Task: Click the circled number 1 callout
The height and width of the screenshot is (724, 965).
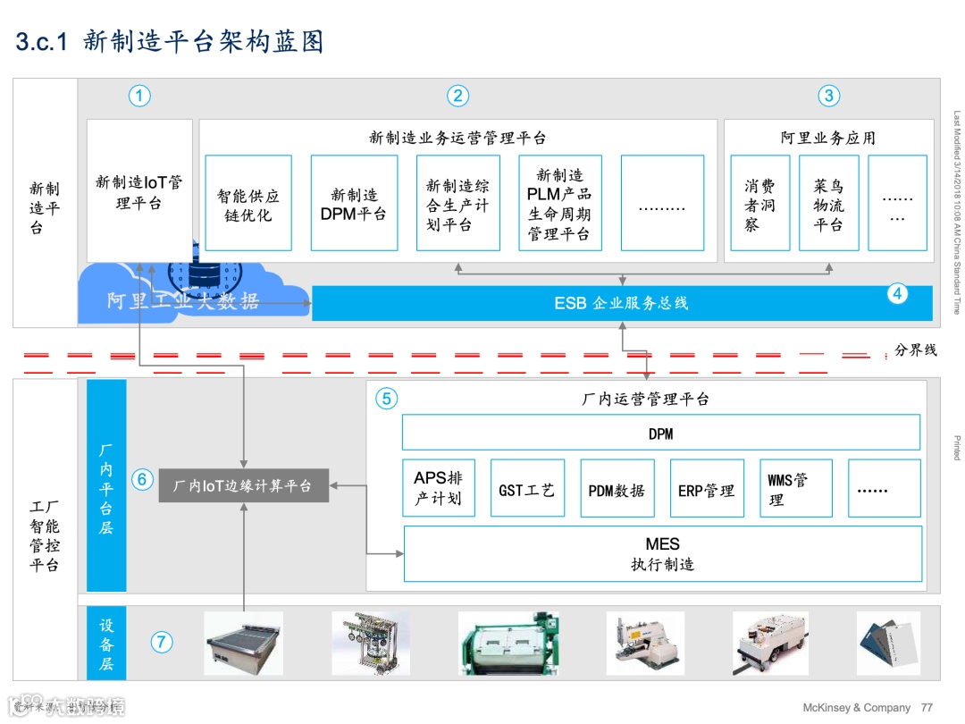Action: point(139,97)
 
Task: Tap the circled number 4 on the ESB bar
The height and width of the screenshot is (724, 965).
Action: point(898,292)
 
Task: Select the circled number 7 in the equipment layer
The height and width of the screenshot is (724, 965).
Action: point(161,641)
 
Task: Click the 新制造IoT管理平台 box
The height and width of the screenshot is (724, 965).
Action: point(139,191)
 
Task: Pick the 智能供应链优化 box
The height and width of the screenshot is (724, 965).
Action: point(248,204)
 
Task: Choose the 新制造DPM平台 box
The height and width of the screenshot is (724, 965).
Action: point(354,204)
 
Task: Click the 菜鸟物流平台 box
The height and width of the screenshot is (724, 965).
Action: point(828,204)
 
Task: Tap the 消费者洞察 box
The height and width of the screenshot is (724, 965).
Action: point(759,204)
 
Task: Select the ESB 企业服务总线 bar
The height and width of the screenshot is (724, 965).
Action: point(621,303)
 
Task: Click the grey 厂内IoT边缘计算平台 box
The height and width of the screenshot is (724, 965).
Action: point(243,485)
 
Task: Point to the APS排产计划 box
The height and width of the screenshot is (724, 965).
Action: point(438,488)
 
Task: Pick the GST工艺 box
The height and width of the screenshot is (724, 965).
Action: point(527,489)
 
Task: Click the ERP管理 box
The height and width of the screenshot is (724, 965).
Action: point(706,489)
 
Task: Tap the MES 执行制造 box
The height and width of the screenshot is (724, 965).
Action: point(662,554)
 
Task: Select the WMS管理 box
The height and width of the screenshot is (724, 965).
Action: point(795,489)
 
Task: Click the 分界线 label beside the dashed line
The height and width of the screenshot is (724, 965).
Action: point(915,350)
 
